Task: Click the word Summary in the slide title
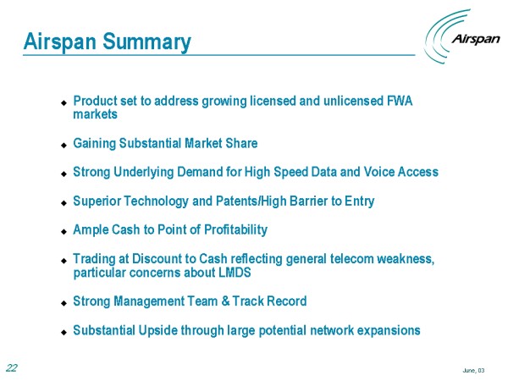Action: [146, 42]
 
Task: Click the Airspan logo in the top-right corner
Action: [462, 36]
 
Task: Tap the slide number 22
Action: [12, 368]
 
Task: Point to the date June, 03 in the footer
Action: [473, 370]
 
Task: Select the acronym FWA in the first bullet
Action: [400, 101]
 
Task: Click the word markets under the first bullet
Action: [95, 114]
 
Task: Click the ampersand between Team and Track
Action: [225, 301]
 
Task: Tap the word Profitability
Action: [236, 229]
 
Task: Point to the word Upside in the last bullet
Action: [158, 331]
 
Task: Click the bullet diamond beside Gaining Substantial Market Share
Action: [63, 145]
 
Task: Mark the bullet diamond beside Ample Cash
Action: [63, 232]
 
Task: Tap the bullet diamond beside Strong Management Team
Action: [63, 303]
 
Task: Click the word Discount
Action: [157, 259]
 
